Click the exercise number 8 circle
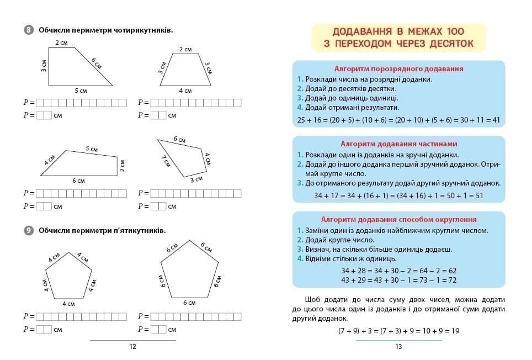point(29,30)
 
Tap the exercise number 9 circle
point(29,230)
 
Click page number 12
point(132,347)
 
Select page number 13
point(398,347)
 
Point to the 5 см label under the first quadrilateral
point(81,91)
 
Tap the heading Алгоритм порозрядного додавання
point(398,69)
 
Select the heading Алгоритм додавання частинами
point(398,144)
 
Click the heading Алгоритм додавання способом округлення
point(398,219)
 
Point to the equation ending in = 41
point(398,119)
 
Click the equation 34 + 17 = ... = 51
point(398,195)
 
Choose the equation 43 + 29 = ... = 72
point(398,280)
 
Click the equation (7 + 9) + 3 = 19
point(398,331)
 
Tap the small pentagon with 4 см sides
point(68,276)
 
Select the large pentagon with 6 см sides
point(189,271)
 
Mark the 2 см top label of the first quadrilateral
point(61,42)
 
